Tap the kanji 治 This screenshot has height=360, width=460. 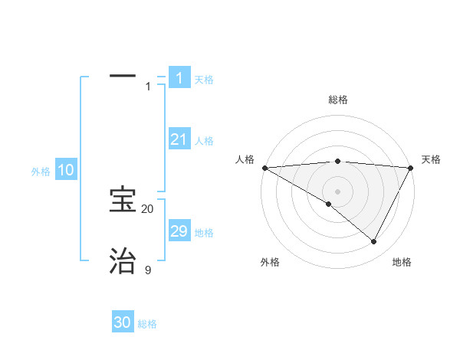[x=123, y=260]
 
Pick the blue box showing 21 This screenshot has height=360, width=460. [x=179, y=139]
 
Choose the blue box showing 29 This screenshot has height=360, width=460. [x=179, y=231]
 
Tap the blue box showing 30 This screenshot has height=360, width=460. [x=123, y=322]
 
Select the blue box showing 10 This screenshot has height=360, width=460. [x=66, y=170]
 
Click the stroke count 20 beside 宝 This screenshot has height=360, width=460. [x=148, y=209]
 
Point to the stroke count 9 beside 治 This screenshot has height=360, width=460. [x=148, y=270]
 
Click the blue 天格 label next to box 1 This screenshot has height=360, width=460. [x=204, y=79]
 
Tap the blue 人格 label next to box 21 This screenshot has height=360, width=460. [x=204, y=141]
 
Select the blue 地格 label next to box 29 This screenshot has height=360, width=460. [x=204, y=233]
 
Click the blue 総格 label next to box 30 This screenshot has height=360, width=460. [x=148, y=324]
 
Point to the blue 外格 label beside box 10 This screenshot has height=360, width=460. [x=41, y=172]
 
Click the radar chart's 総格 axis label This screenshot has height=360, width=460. [x=337, y=100]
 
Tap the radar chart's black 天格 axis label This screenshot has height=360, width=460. [x=432, y=159]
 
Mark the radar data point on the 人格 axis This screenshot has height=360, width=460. [x=264, y=167]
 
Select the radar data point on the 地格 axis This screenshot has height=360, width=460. [x=374, y=242]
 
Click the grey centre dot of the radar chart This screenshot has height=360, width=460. [x=337, y=191]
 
